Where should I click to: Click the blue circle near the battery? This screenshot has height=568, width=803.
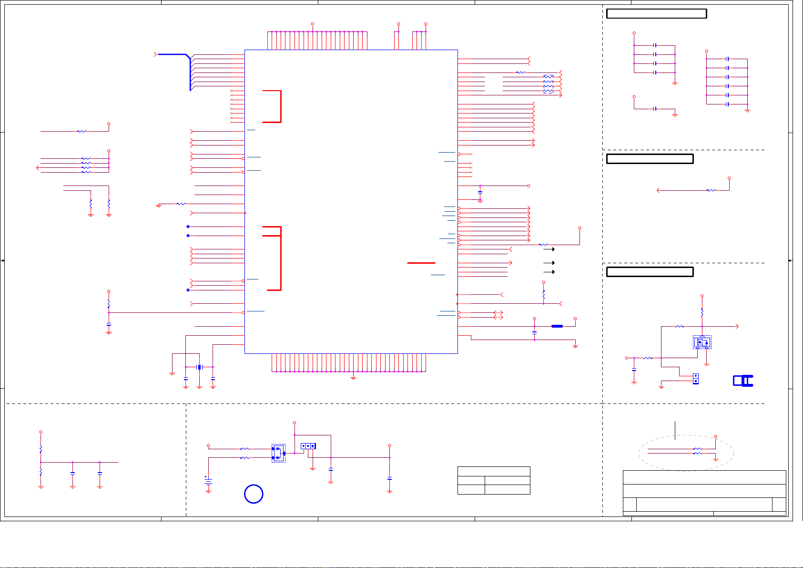pos(254,494)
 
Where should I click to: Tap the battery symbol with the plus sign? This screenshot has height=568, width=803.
pos(208,482)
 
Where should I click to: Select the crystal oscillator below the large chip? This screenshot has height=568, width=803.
pos(199,367)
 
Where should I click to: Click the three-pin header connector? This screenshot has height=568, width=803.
pos(308,446)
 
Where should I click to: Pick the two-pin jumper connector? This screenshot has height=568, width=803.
pos(696,379)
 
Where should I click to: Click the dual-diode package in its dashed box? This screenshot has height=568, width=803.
pos(278,453)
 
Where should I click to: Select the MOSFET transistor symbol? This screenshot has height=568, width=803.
pos(702,342)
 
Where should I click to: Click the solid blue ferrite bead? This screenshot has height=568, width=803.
pos(557,326)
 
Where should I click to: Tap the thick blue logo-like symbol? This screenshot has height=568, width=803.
pos(743,381)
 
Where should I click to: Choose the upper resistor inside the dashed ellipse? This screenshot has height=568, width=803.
pos(697,449)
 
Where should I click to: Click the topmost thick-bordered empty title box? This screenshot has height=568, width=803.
pos(656,14)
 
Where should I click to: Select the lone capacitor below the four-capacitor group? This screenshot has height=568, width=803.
pos(655,109)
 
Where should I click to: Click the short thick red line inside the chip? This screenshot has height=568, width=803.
pos(421,263)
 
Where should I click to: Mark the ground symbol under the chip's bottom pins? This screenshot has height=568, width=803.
pos(353,378)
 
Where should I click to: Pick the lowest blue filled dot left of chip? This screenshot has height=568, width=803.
pos(188,290)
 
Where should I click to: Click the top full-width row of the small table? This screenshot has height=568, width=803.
pos(494,471)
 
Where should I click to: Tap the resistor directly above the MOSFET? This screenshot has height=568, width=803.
pos(702,313)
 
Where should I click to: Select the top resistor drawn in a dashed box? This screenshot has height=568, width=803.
pos(549,77)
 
